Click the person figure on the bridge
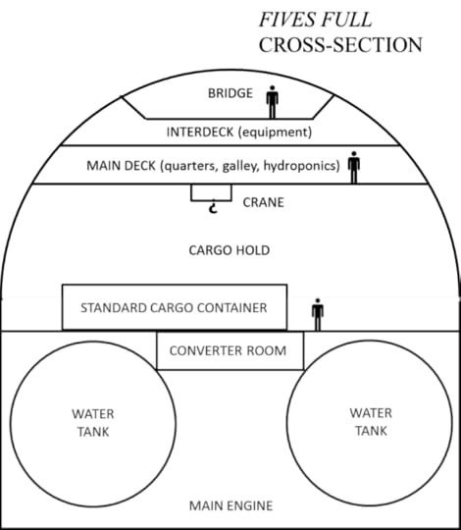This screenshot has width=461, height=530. coord(273,100)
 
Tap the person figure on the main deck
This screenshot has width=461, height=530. coord(354,165)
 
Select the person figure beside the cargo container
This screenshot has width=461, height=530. coord(317,314)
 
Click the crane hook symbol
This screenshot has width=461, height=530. coord(211,207)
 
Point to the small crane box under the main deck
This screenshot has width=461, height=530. coord(211,192)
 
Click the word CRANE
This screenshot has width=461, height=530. coord(263,203)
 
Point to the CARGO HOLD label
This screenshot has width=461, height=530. coord(229,250)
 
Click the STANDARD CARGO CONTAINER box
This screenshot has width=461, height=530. coord(175,307)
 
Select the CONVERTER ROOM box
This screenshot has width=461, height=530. coord(230,350)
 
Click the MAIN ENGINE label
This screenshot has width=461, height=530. coord(229,506)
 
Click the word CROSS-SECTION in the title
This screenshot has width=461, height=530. coord(340,45)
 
